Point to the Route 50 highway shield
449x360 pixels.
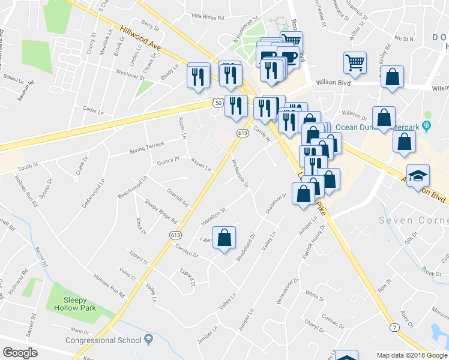(x=217, y=103)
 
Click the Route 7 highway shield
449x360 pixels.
(x=394, y=327)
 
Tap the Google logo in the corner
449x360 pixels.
(x=20, y=353)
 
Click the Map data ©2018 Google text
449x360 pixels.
(x=412, y=355)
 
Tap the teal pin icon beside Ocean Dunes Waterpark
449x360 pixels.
(x=427, y=125)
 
